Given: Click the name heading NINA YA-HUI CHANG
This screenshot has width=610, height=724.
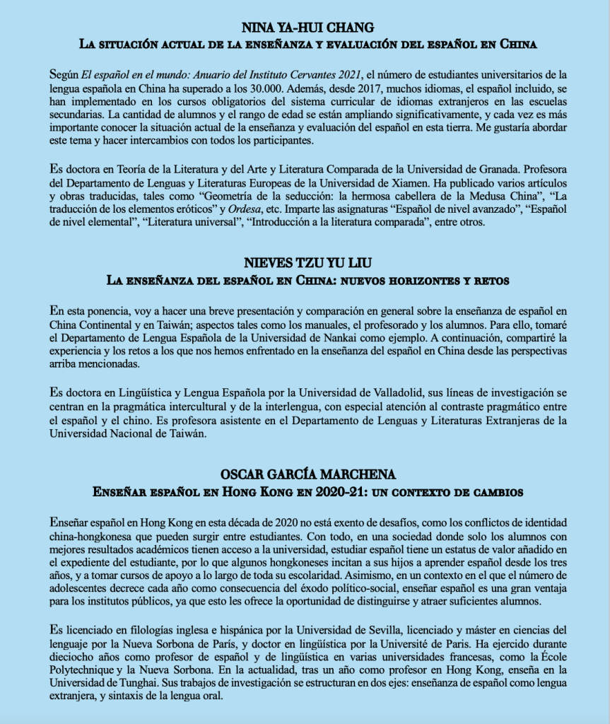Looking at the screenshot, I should coord(305,29).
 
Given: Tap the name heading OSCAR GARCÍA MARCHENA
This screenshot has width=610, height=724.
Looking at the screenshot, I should coord(305,474).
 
